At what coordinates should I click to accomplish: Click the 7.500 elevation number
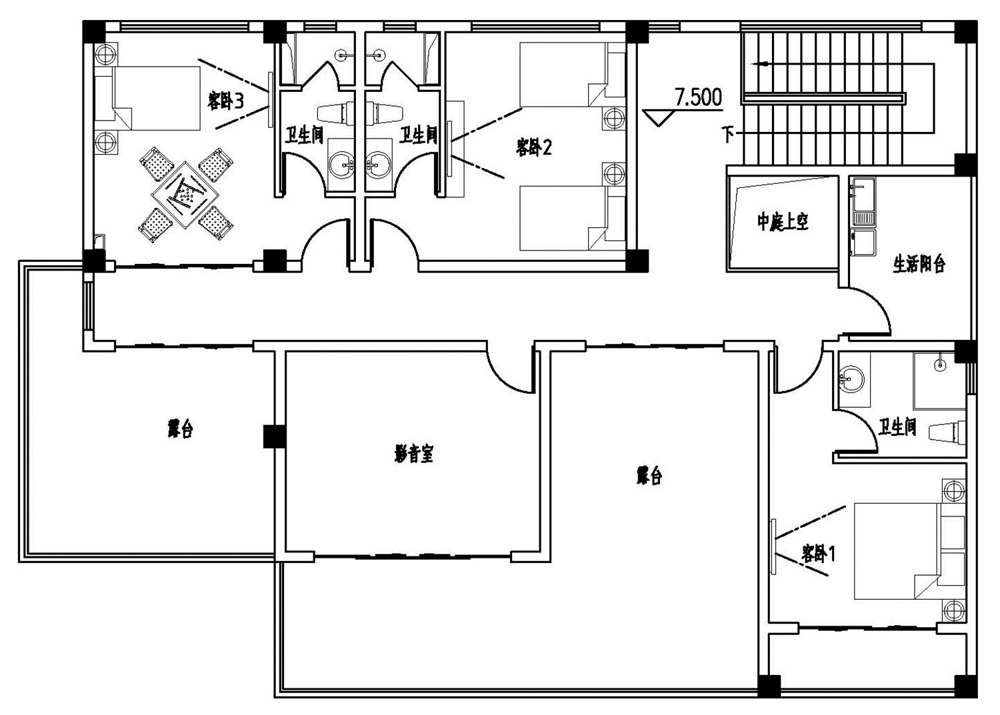click(698, 97)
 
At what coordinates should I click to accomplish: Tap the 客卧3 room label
click(225, 101)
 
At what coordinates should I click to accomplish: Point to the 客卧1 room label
click(818, 554)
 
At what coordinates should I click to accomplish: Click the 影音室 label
click(414, 454)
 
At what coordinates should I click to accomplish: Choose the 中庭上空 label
click(783, 223)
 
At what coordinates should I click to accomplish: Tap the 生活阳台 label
click(919, 264)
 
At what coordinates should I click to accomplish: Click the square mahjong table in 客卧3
click(185, 193)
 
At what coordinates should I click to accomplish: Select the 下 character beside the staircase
click(728, 133)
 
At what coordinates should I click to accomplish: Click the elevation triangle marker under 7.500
click(659, 118)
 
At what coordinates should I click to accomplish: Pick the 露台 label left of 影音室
click(181, 429)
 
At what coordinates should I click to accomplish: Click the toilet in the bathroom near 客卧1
click(947, 432)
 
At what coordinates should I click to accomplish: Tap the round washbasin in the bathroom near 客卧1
click(851, 380)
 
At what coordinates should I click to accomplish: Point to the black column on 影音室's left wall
click(274, 436)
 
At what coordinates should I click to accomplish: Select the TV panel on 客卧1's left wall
click(773, 546)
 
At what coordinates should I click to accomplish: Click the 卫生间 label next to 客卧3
click(304, 135)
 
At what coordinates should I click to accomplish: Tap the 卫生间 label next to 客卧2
click(418, 135)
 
